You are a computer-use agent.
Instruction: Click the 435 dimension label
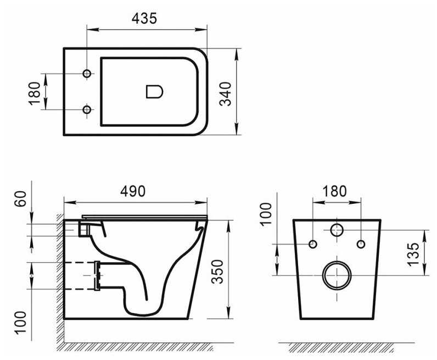click(144, 19)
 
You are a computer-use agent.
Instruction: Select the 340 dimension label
click(226, 94)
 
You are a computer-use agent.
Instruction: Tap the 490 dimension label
click(133, 191)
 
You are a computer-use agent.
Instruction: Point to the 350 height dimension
click(217, 272)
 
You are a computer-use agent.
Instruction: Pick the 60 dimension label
click(20, 199)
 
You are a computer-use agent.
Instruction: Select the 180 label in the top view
click(35, 93)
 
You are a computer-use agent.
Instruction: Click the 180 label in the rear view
click(334, 191)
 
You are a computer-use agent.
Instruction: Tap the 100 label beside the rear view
click(266, 213)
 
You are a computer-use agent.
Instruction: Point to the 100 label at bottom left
click(20, 323)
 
